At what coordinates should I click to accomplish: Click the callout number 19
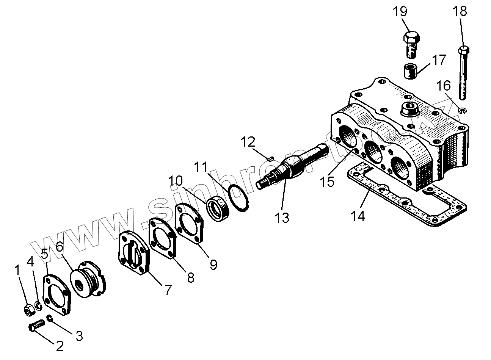[400, 11]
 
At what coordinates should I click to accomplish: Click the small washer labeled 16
[462, 111]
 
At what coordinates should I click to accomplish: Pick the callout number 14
[358, 216]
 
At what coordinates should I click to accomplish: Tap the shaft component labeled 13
[292, 164]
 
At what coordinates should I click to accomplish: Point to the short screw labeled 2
[36, 325]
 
